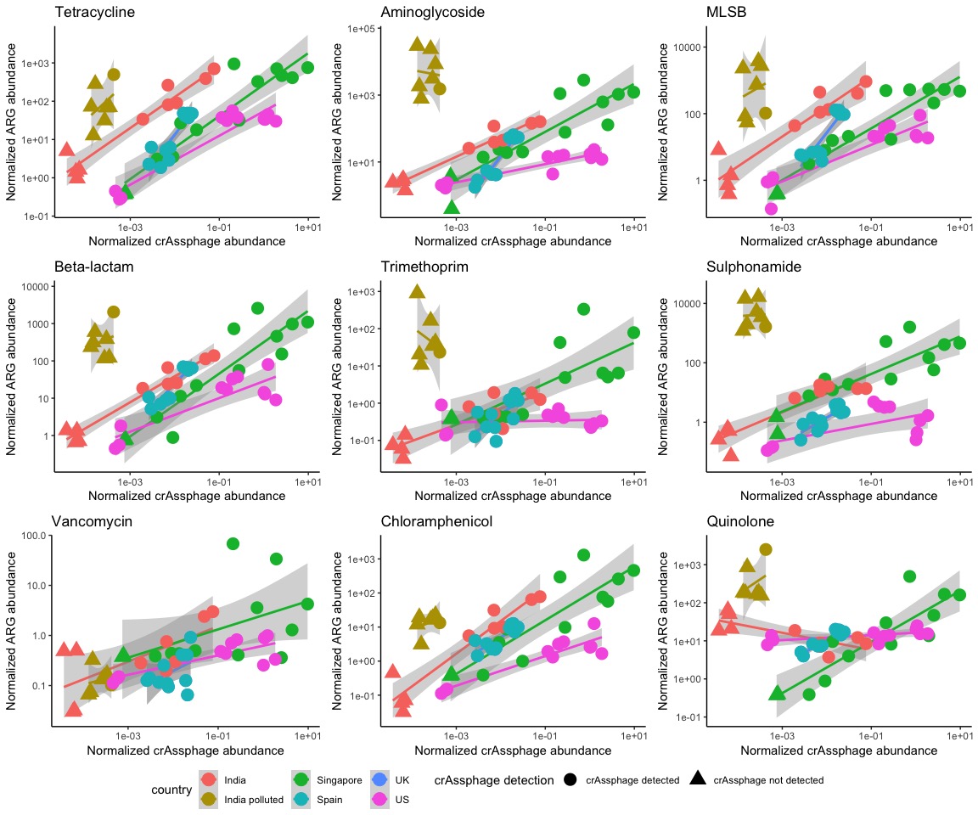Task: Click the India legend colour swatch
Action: pos(208,779)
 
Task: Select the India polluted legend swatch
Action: pos(208,799)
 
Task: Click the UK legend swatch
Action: pos(379,779)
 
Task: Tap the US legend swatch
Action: pos(379,799)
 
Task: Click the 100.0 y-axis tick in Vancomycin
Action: pos(33,536)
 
